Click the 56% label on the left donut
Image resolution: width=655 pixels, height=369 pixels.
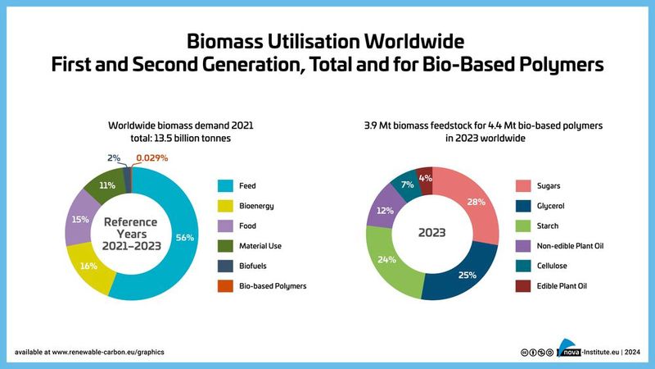(x=184, y=237)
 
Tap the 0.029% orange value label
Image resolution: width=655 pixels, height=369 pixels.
(x=153, y=157)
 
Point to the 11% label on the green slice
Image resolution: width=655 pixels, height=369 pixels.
(x=106, y=186)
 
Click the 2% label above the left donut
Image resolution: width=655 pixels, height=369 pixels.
(x=115, y=157)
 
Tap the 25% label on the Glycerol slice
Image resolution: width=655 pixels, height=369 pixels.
(x=468, y=276)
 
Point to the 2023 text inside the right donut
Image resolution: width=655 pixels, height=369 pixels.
(x=432, y=232)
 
